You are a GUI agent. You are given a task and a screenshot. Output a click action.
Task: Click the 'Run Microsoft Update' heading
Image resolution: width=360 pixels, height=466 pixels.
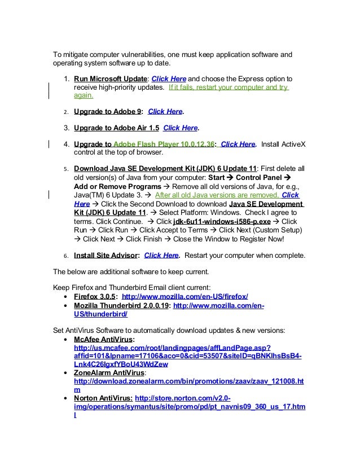pos(110,78)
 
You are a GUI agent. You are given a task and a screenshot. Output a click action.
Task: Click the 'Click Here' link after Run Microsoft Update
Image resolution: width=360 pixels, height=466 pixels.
pos(169,78)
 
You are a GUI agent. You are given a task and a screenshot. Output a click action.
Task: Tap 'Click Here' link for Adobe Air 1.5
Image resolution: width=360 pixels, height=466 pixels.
pos(181,128)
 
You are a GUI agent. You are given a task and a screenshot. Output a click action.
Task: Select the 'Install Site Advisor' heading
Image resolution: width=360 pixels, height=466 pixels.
pos(106,255)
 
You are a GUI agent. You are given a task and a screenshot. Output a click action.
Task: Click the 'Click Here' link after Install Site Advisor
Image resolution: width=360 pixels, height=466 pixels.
pos(161,255)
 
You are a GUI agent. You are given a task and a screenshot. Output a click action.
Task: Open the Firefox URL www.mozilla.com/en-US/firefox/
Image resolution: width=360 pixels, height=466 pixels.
pos(185,297)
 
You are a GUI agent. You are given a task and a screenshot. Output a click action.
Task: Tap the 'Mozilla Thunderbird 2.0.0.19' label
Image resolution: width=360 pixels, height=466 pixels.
pos(121,306)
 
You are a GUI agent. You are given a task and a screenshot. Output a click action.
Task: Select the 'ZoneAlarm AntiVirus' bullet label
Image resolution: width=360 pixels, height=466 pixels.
pos(109,373)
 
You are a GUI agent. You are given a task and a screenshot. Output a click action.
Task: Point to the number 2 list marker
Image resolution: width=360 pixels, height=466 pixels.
pos(65,112)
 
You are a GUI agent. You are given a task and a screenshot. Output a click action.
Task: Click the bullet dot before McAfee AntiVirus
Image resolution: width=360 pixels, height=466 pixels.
pos(68,340)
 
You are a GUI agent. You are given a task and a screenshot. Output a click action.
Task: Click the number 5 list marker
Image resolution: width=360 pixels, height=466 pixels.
pos(65,169)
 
